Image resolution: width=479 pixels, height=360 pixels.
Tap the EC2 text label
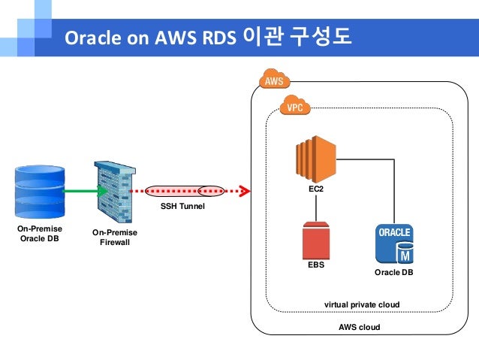coord(316,189)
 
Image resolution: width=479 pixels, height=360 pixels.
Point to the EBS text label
coord(316,265)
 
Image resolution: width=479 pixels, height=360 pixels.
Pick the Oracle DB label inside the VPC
coord(393,272)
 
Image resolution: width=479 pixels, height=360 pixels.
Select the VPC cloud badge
coord(295,107)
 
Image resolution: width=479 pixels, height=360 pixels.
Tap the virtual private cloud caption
coord(361,304)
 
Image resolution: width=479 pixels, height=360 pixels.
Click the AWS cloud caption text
coord(359,327)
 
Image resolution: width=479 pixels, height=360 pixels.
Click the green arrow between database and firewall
coord(82,191)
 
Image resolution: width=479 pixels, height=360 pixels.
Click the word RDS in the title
coord(218,37)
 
